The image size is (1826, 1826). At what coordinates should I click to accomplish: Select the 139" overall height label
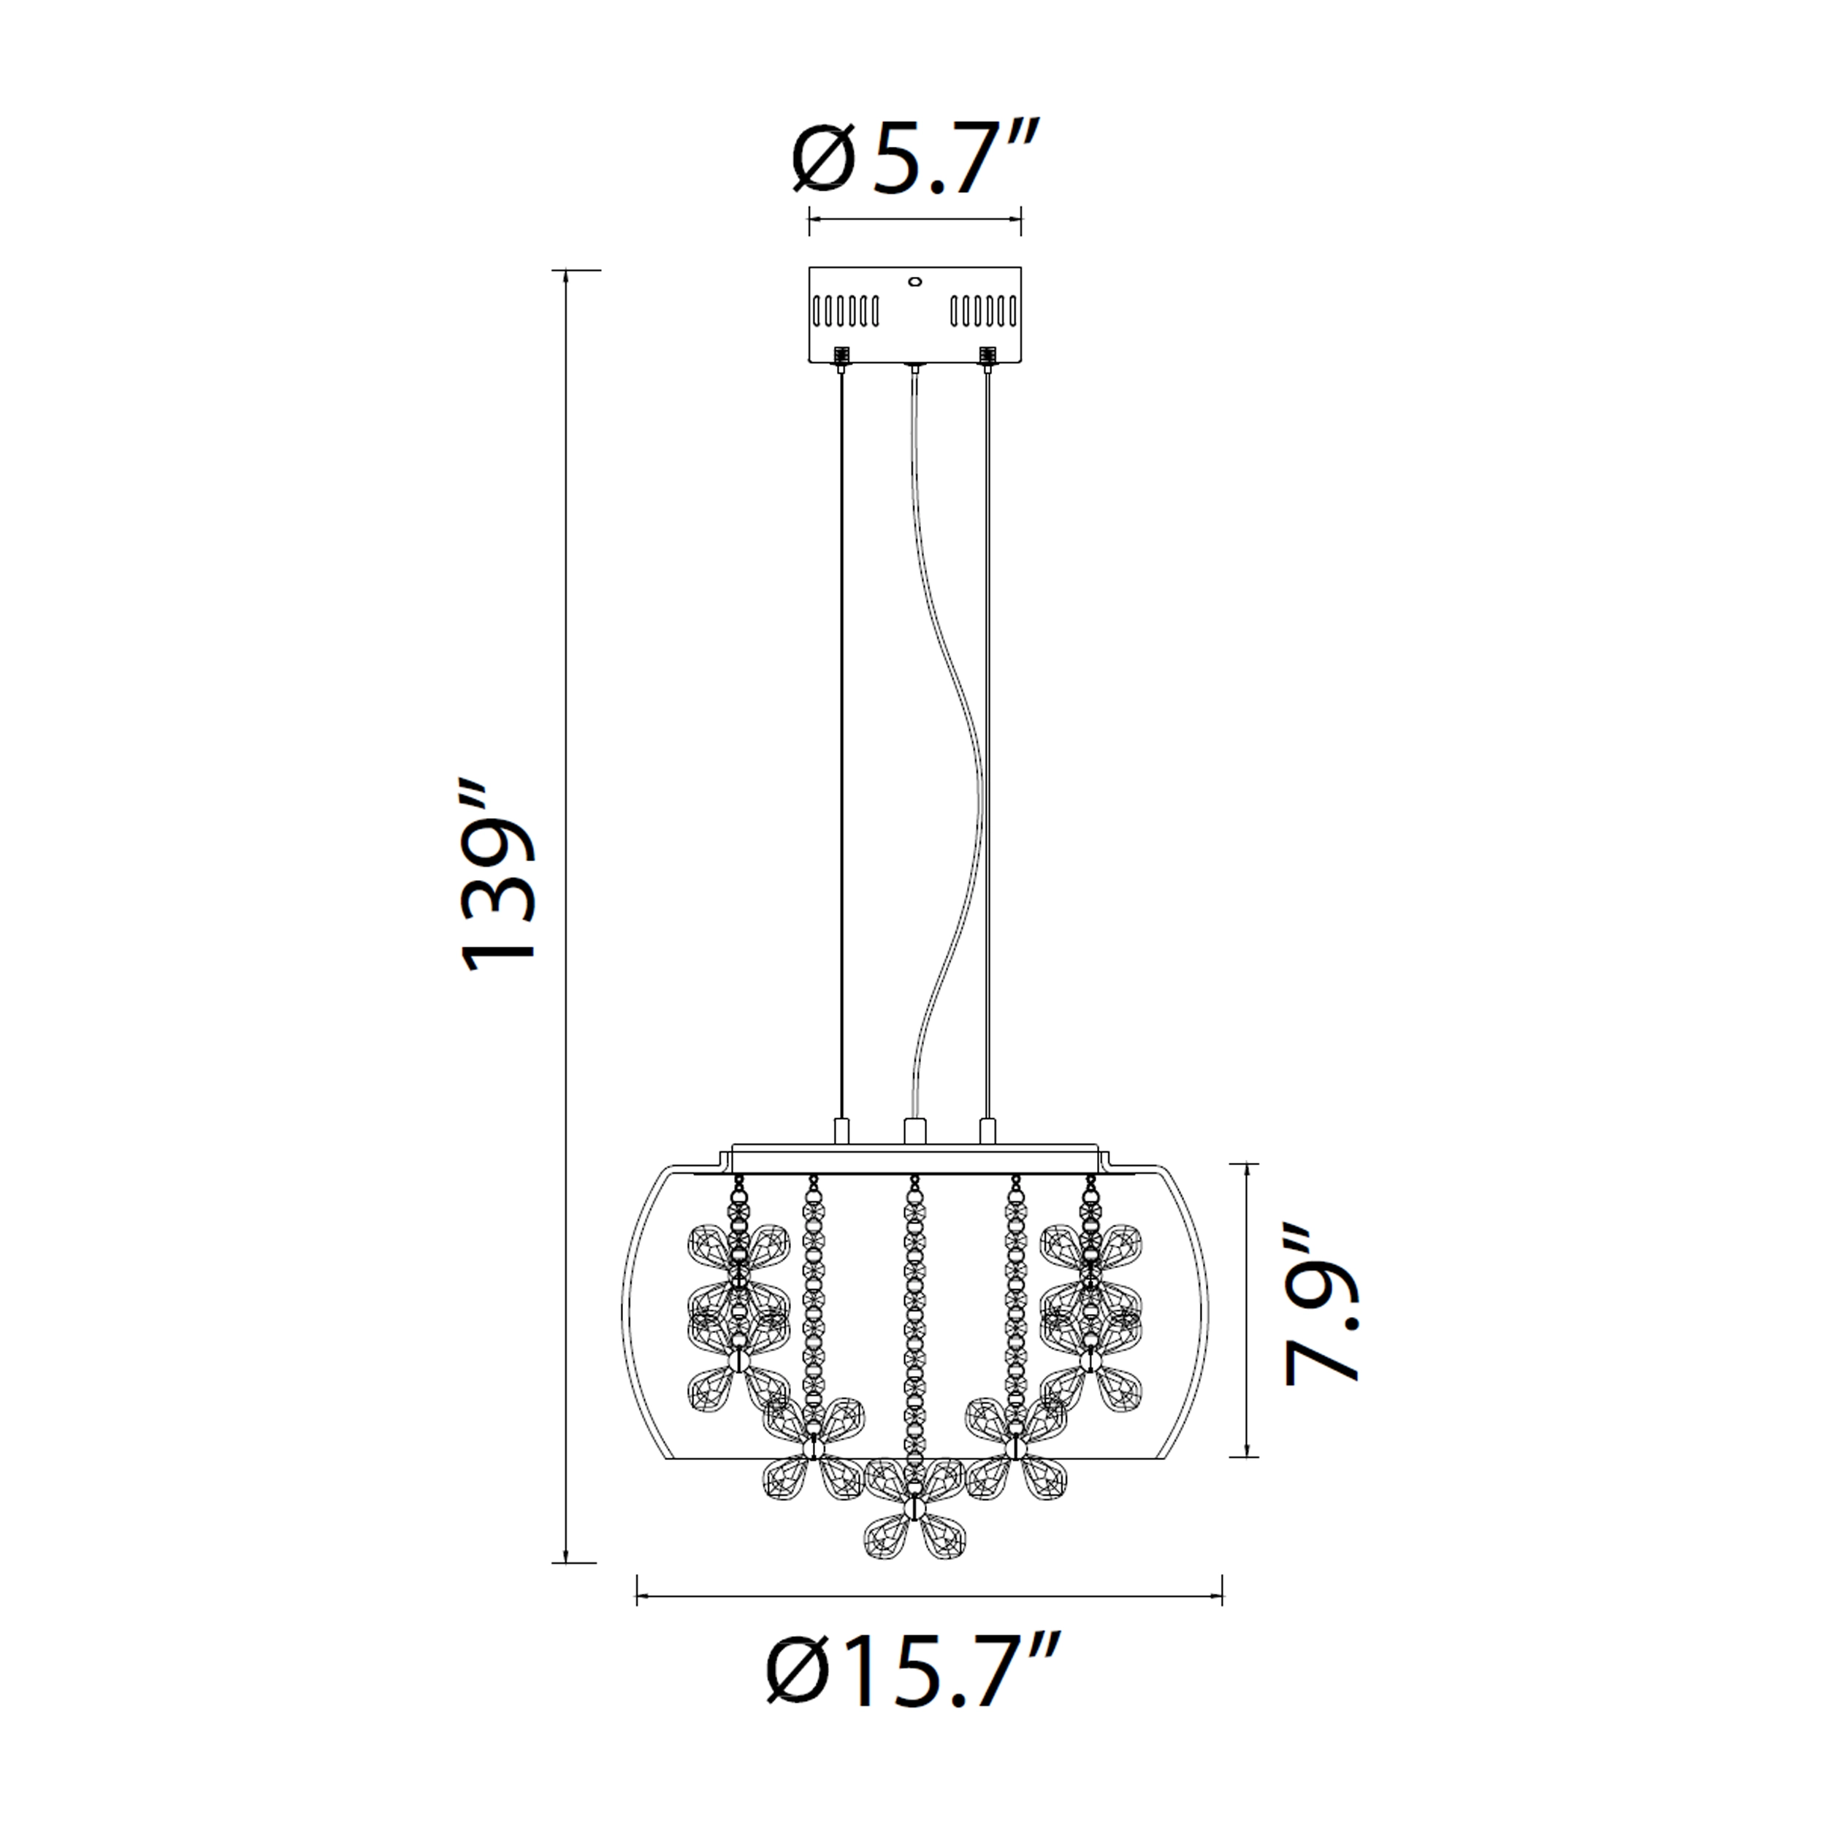coord(497,876)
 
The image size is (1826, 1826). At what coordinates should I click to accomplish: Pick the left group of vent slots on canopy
coord(845,309)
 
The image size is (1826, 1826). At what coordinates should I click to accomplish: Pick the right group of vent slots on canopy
coord(984,309)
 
